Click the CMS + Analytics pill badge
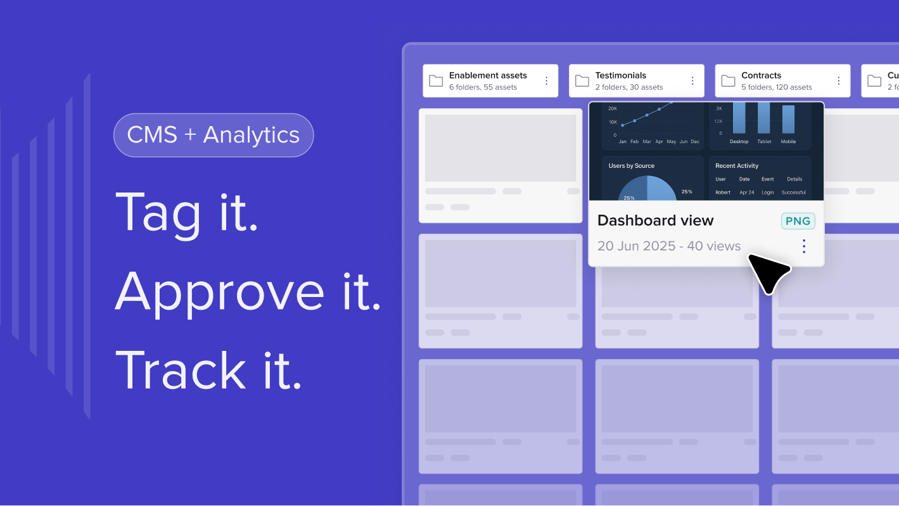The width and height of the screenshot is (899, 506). [x=214, y=135]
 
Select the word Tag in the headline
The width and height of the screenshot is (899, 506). [x=158, y=213]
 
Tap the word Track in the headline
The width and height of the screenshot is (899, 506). [x=181, y=370]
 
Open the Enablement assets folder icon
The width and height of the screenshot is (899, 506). [x=436, y=81]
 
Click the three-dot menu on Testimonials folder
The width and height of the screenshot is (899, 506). [x=692, y=81]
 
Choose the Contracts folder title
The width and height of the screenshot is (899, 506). [x=761, y=75]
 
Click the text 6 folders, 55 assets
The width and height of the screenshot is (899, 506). [x=483, y=87]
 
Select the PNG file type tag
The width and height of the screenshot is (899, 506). [x=798, y=221]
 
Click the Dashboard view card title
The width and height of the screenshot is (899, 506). [x=655, y=220]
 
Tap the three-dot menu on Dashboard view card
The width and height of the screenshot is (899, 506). [x=803, y=246]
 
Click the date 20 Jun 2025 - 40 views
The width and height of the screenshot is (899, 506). [x=668, y=246]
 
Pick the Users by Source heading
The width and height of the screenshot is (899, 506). [x=631, y=166]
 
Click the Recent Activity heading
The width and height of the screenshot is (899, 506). [x=737, y=166]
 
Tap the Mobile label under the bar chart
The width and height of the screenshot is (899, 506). [x=788, y=142]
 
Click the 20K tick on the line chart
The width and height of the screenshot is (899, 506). [x=613, y=109]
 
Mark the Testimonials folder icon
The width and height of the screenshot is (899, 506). [x=582, y=81]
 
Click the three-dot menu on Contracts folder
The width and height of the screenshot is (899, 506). [x=839, y=81]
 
